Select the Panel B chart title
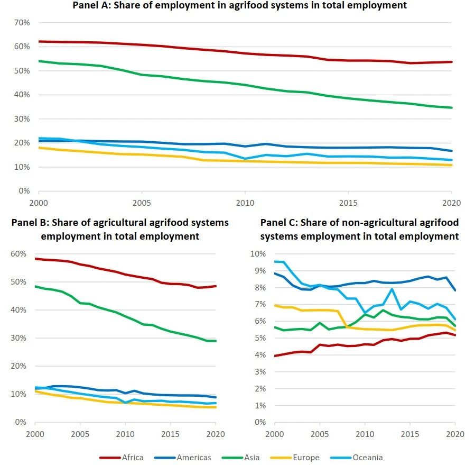coord(120,229)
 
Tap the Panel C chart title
coord(359,229)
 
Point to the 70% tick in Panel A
coord(22,23)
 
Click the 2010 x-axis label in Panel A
coord(244,203)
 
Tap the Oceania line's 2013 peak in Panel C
coord(392,289)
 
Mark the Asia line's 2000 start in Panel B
coord(35,286)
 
